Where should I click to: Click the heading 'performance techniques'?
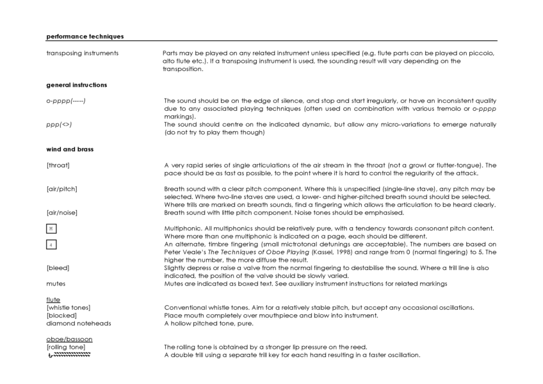(x=85, y=36)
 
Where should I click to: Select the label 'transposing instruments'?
(x=82, y=53)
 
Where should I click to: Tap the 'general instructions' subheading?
(x=76, y=84)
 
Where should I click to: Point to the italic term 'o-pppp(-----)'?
(x=66, y=101)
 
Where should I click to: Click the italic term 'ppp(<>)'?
(x=59, y=125)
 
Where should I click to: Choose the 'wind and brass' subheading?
(x=69, y=149)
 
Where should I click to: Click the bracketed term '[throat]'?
(x=58, y=166)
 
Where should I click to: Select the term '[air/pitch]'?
(x=62, y=189)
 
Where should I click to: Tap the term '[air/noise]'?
(x=63, y=212)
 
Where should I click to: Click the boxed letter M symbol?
(x=51, y=228)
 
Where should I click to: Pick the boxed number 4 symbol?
(x=51, y=244)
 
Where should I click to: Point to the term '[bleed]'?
(x=58, y=268)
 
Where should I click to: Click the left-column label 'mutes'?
(x=56, y=283)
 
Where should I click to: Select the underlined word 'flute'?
(x=53, y=299)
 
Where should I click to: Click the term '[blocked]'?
(x=61, y=315)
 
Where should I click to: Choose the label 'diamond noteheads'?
(x=78, y=323)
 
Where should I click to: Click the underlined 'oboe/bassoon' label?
(x=69, y=339)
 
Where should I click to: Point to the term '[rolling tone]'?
(x=65, y=347)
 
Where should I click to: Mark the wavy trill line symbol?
(x=69, y=355)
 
